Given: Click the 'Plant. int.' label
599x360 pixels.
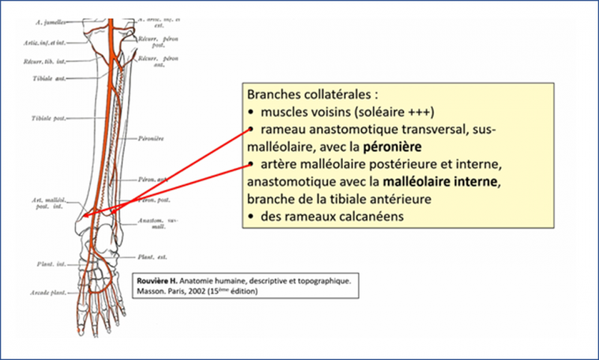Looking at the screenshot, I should [52, 264].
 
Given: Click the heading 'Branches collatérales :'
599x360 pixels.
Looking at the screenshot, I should [308, 97].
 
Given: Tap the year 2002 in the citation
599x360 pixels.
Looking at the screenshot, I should [199, 291].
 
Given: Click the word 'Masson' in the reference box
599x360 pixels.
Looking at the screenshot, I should [149, 291].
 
